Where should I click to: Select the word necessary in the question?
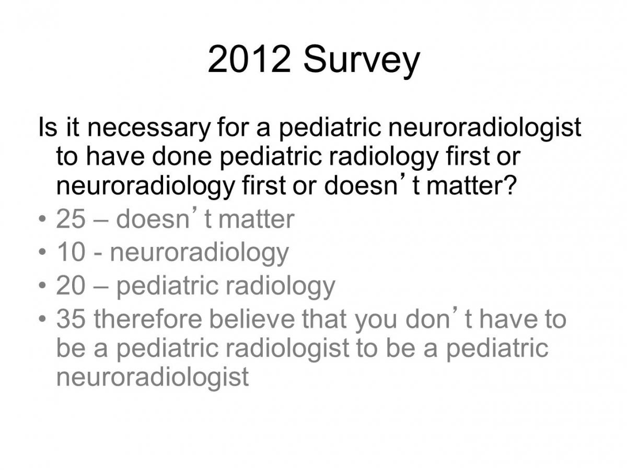[x=148, y=128]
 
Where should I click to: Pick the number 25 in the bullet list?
[x=71, y=219]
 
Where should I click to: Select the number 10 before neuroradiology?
[x=71, y=252]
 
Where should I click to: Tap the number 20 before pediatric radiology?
[x=71, y=285]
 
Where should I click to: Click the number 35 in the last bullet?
[x=71, y=319]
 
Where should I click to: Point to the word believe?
[x=252, y=319]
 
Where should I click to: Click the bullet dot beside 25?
[x=42, y=219]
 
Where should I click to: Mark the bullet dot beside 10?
[x=42, y=252]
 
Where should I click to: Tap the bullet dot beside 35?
[x=42, y=319]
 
